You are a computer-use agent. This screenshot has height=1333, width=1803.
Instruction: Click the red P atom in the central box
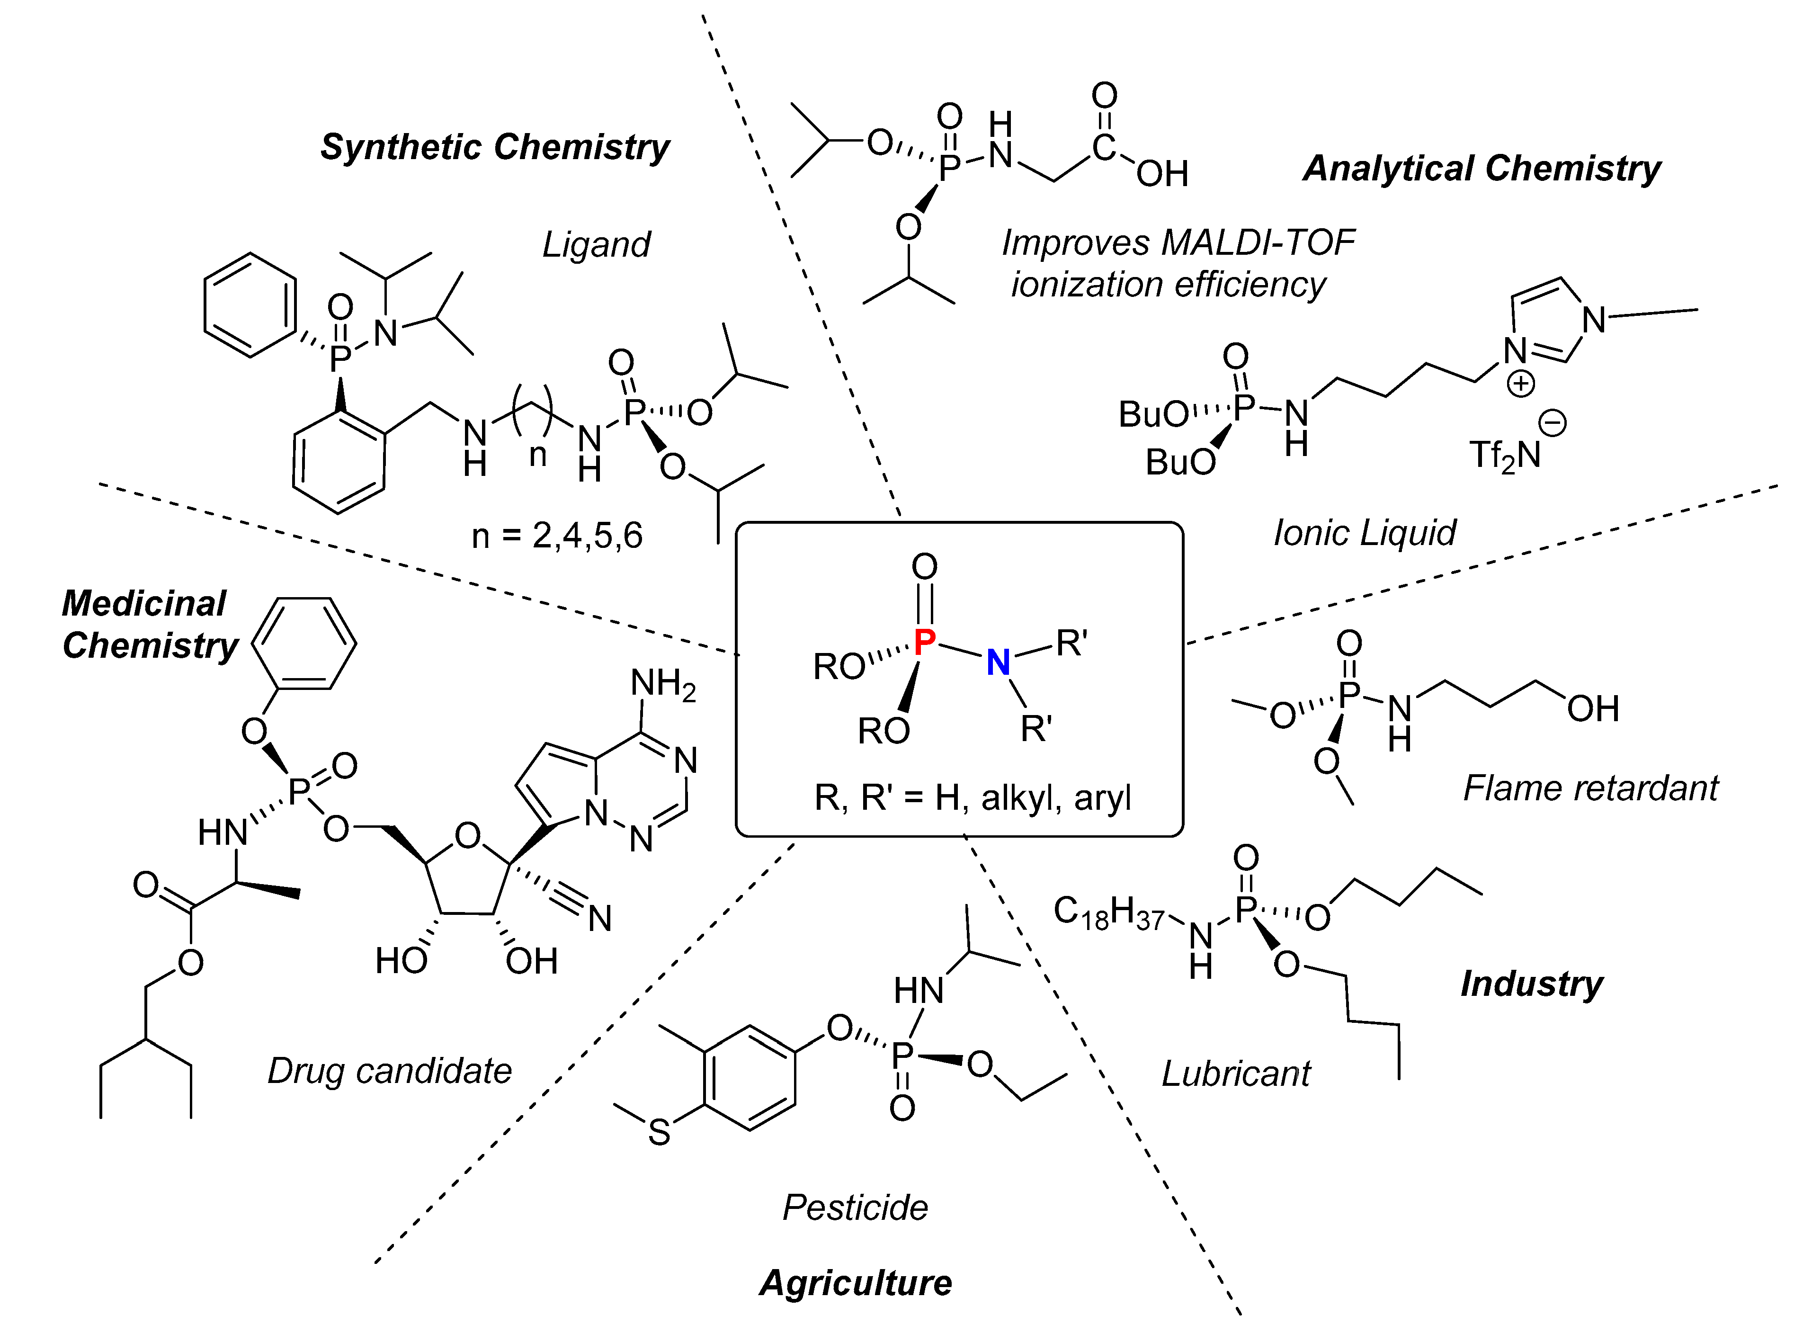tap(925, 642)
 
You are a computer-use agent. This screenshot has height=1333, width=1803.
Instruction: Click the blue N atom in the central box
tap(998, 662)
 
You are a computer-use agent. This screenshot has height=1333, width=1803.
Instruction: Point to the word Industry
tap(1531, 984)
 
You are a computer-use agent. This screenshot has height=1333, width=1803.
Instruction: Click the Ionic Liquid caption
tap(1364, 533)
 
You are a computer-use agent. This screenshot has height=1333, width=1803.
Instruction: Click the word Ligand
tap(595, 244)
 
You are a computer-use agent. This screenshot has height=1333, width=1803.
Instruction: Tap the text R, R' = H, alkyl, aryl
tap(972, 798)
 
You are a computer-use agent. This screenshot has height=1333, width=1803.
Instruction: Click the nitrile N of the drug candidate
tap(599, 918)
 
